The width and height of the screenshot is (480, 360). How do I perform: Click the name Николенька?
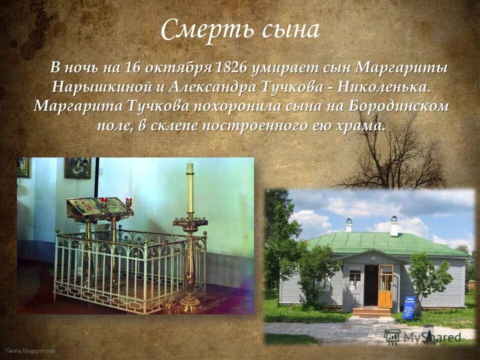click(383, 87)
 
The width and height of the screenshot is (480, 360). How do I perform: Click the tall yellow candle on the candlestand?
click(189, 190)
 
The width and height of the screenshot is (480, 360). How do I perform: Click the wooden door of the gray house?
click(385, 286)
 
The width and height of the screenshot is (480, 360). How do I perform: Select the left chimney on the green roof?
click(349, 225)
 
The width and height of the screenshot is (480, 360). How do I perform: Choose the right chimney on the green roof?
click(394, 226)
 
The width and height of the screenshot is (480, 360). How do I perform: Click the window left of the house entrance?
click(354, 278)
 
